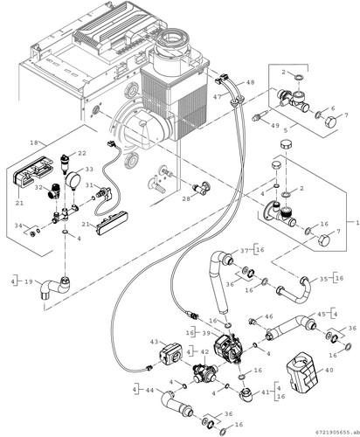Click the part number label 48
click(x=250, y=82)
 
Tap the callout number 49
click(x=274, y=126)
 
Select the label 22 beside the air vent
click(x=82, y=154)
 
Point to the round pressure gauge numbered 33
click(x=72, y=179)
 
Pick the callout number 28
click(x=186, y=199)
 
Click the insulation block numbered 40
click(x=301, y=371)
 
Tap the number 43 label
click(x=155, y=342)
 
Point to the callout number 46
click(x=268, y=316)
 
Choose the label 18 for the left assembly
click(x=34, y=142)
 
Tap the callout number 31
click(x=89, y=185)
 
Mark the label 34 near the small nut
click(x=18, y=225)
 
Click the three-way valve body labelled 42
click(x=204, y=372)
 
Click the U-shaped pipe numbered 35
click(x=294, y=292)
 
